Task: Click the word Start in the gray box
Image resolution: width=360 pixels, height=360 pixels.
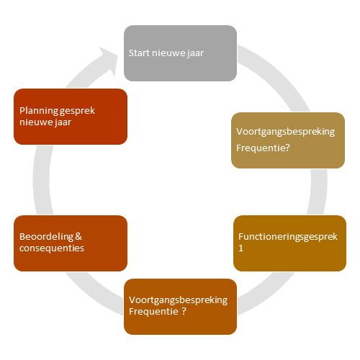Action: pos(139,53)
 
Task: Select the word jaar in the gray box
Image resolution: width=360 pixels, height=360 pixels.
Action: pos(195,54)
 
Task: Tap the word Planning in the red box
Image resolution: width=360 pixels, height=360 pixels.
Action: pos(38,111)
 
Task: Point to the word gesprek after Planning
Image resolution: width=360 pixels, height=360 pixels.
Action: pos(77,112)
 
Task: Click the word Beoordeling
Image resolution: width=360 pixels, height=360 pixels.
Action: pos(46,237)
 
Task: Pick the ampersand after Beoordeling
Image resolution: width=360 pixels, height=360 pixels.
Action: pos(78,237)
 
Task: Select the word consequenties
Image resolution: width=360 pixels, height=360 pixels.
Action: pos(52,248)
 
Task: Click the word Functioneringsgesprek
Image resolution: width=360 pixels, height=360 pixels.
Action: pos(288,237)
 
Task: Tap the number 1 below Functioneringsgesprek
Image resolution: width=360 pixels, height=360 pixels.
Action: pos(240,248)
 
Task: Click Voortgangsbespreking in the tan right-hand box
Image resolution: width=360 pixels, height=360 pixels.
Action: pos(285,132)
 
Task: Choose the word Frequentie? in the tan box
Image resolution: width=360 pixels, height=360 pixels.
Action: pos(263,148)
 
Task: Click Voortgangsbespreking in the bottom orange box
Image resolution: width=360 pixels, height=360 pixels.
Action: pos(178,300)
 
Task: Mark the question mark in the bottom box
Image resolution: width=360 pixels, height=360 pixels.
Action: pos(184,311)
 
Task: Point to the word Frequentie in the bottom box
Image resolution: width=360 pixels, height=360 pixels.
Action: pos(153,312)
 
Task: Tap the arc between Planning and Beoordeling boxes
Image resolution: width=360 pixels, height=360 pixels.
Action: pos(42,180)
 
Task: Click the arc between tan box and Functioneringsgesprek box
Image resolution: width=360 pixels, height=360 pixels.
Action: pos(319,192)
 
